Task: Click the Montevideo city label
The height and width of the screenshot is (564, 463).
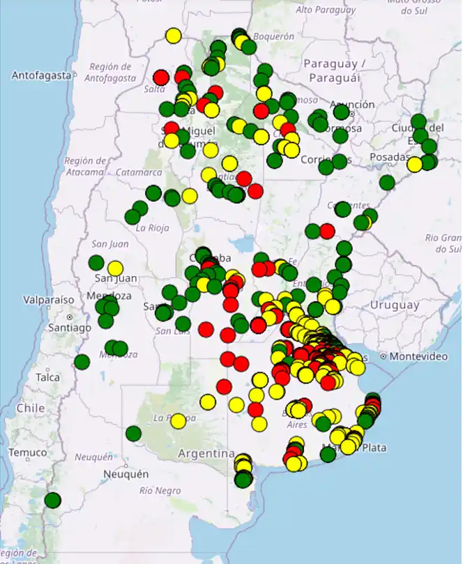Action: point(418,356)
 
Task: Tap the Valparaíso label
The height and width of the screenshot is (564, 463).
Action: point(48,300)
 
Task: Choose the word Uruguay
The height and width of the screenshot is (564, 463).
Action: point(395,305)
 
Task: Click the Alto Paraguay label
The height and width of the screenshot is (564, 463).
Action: point(326,10)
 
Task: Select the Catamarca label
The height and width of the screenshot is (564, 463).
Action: point(139,172)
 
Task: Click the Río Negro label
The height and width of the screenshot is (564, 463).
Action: point(155,490)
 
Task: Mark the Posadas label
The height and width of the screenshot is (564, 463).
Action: point(389,158)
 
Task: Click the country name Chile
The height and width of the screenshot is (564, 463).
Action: point(30,408)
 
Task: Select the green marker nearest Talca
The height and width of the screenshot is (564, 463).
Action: point(82,362)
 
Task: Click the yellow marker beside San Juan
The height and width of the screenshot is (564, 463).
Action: point(115,268)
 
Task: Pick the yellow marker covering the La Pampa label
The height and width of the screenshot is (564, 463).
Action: point(179,420)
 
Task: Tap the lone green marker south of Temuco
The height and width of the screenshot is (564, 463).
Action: point(53,500)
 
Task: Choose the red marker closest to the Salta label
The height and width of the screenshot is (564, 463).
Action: point(161,77)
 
